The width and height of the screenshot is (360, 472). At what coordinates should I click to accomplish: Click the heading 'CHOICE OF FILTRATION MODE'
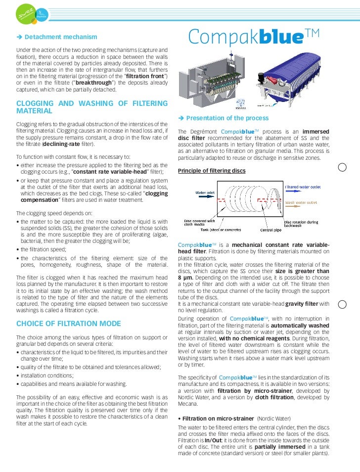click(x=68, y=324)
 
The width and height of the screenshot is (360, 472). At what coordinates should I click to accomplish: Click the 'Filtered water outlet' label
click(x=303, y=187)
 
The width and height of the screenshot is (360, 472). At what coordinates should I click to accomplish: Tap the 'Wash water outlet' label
click(x=300, y=203)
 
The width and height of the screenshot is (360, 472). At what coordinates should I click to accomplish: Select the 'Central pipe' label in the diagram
click(x=270, y=230)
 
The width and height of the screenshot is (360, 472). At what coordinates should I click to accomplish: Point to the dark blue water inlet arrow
click(x=208, y=197)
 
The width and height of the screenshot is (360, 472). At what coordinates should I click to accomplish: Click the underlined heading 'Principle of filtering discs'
click(x=211, y=171)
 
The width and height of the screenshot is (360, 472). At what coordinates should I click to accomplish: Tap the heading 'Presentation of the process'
click(x=227, y=118)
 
